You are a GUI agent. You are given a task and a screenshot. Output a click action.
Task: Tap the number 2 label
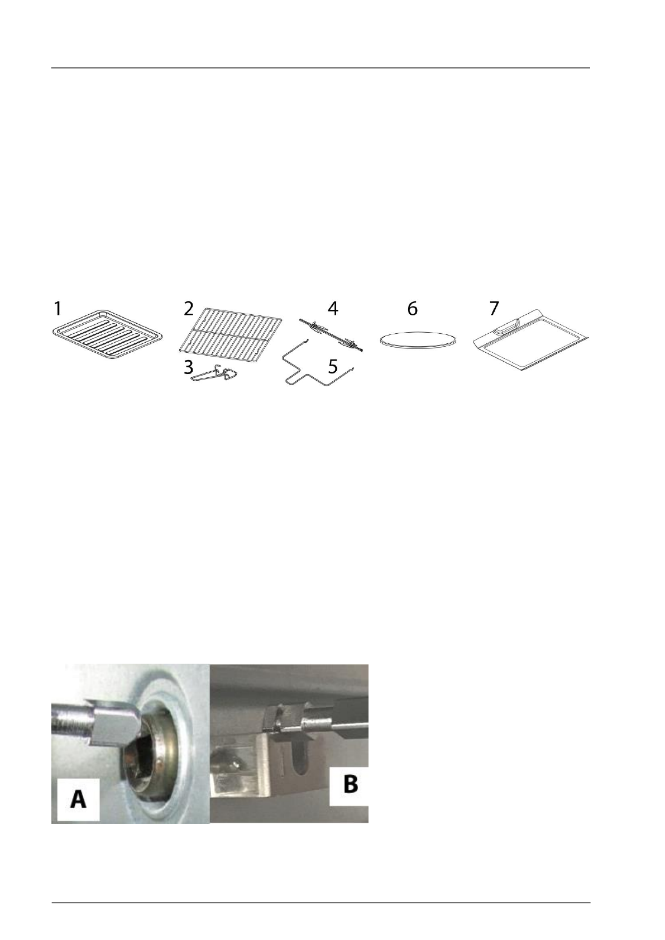click(189, 309)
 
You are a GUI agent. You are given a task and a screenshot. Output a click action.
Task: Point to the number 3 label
click(189, 368)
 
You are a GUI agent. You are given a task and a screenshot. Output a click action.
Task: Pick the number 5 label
click(333, 367)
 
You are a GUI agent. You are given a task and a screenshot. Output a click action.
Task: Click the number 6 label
click(412, 309)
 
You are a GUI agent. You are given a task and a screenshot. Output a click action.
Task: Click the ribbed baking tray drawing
click(107, 340)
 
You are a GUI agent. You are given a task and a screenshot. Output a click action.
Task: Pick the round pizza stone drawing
click(417, 341)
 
